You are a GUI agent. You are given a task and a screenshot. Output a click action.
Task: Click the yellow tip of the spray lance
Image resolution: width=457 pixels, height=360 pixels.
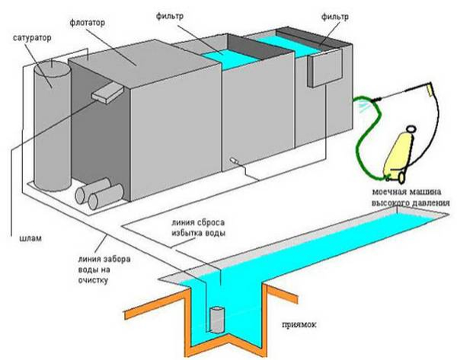pyautogui.click(x=432, y=89)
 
